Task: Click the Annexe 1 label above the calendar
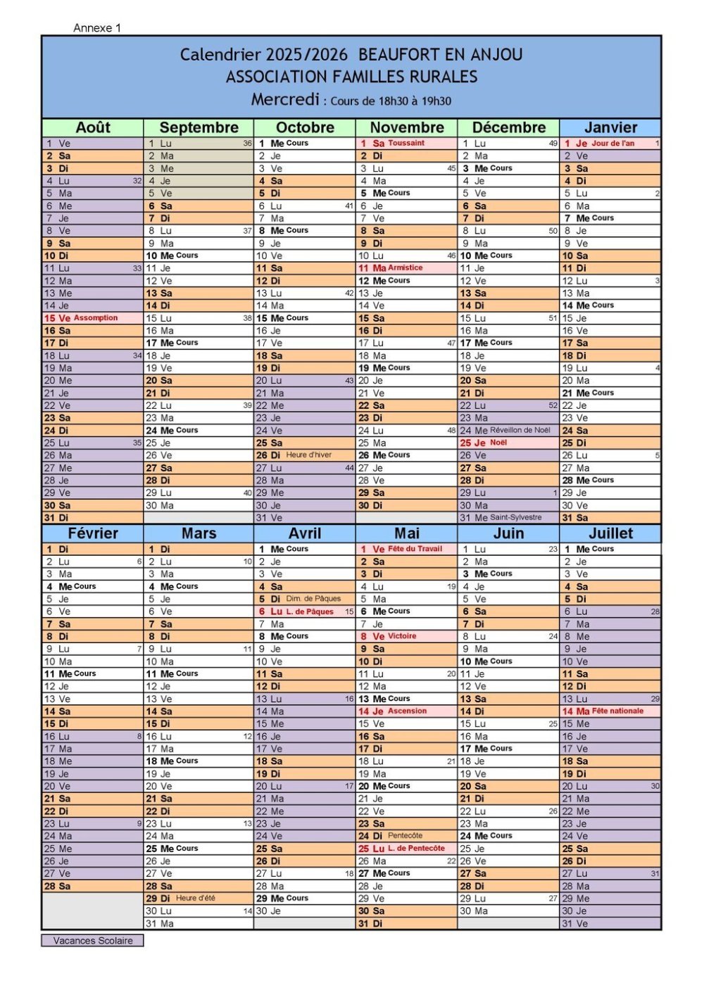97,28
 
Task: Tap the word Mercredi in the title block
285,99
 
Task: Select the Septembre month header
199,127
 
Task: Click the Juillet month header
610,533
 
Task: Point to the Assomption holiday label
96,318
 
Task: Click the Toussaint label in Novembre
406,143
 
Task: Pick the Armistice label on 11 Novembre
406,268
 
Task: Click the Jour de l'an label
612,143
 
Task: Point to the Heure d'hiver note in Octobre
308,455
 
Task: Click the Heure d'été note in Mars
196,899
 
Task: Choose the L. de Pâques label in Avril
310,611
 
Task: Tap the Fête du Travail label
415,549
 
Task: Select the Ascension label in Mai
408,711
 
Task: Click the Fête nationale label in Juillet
617,711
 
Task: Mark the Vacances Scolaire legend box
92,941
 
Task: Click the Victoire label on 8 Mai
402,636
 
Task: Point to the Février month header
93,533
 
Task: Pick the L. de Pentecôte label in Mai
417,849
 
